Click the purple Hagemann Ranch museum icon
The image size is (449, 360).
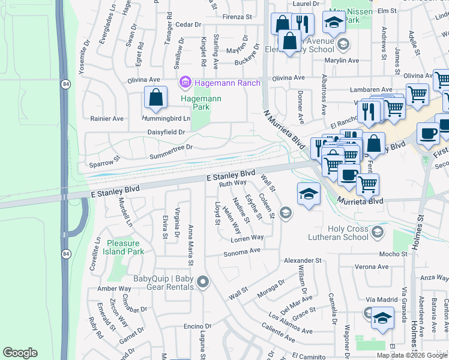(185, 82)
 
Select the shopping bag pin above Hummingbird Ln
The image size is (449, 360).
(155, 98)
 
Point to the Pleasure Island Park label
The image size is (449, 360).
(125, 247)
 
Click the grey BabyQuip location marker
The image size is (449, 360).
(203, 281)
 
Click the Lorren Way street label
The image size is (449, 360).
(247, 238)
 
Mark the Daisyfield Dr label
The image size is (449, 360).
(165, 132)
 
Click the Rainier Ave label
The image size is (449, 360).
(107, 118)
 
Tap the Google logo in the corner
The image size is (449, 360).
(20, 353)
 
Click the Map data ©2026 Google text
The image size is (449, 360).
(412, 355)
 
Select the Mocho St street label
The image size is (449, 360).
(393, 254)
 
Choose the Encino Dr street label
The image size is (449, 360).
(197, 326)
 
